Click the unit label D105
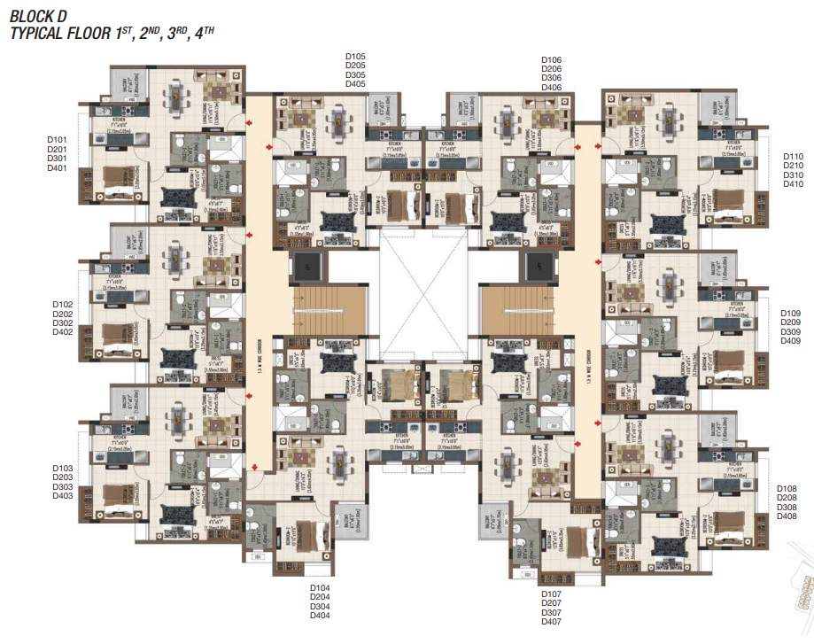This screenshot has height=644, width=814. pos(355,57)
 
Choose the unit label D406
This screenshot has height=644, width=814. pos(551,88)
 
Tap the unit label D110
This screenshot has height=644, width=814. pos(793,157)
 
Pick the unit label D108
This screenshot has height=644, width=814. pos(787,489)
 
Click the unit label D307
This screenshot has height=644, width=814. pos(551,613)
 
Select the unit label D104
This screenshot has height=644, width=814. pos(320,588)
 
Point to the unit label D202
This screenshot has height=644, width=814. pos(62,314)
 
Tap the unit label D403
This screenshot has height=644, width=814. pos(62,496)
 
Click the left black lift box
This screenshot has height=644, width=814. pos(306,263)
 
